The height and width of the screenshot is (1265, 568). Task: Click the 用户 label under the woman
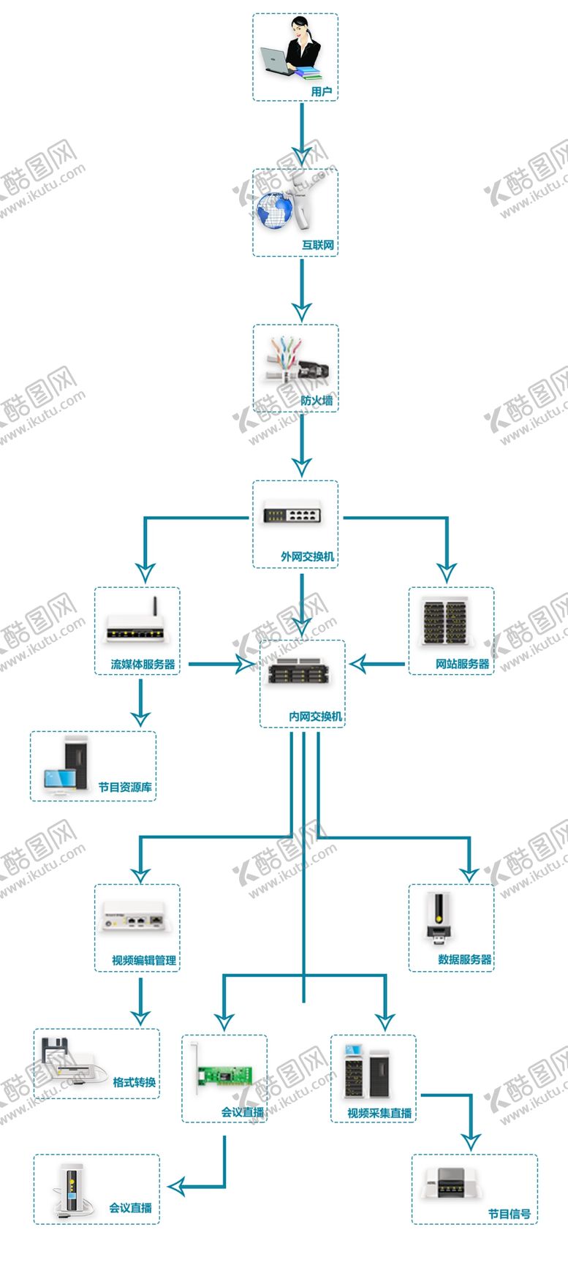pos(321,91)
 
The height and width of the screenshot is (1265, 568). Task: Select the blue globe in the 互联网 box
pos(275,210)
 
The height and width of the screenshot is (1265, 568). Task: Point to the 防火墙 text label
pos(317,400)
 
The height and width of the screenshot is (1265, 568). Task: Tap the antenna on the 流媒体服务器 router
pos(154,608)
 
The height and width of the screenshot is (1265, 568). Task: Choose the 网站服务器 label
pos(462,663)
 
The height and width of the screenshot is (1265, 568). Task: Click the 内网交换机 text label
pos(315,716)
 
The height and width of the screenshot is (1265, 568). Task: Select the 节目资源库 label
pos(125,787)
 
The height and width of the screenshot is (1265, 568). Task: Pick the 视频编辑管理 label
pos(144,959)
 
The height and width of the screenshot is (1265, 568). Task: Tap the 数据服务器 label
pos(464,959)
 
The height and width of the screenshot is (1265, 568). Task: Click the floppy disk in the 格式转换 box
pos(53,1049)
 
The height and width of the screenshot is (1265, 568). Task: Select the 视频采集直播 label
pos(379,1112)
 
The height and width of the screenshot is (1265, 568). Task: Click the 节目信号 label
pos(510,1214)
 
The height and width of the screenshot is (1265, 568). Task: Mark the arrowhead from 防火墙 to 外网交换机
pos(301,466)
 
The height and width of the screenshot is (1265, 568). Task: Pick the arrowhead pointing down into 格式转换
pos(140,1016)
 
